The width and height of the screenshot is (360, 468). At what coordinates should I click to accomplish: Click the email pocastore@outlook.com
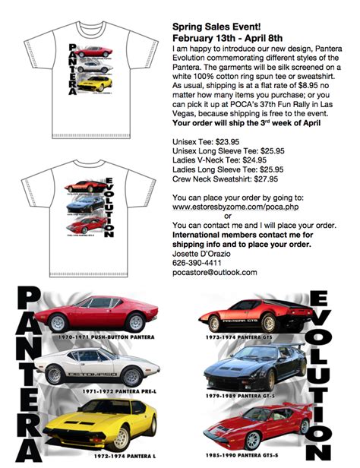214,271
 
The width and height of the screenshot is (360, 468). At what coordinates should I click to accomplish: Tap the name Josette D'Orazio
205,251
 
